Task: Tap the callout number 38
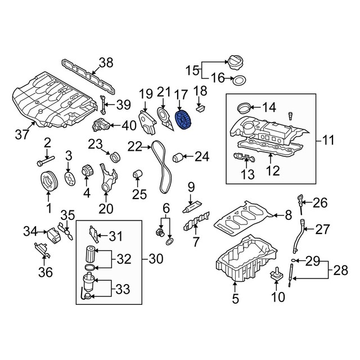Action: point(106,62)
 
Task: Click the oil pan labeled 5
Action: point(245,262)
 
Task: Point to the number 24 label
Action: point(202,156)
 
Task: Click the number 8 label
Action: point(289,214)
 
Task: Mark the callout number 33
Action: point(121,289)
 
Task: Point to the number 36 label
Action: point(46,272)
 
